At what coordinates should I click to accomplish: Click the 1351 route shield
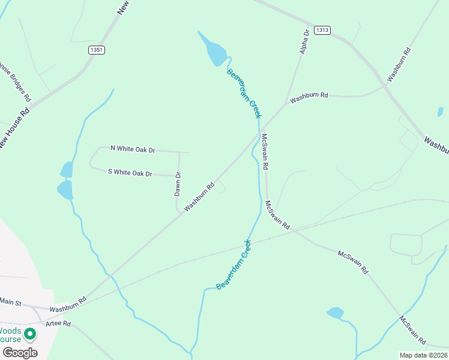[x=95, y=50]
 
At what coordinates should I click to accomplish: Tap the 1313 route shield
[x=321, y=30]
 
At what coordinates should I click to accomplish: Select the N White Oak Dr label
[x=133, y=148]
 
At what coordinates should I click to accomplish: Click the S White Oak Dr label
[x=130, y=172]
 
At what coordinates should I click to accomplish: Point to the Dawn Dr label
[x=178, y=184]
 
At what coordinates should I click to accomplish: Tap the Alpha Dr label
[x=304, y=41]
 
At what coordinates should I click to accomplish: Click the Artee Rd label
[x=59, y=323]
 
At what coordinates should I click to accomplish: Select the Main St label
[x=10, y=301]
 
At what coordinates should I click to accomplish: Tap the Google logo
[x=20, y=352]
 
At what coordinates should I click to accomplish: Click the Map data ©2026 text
[x=424, y=355]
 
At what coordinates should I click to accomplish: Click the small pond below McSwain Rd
[x=335, y=313]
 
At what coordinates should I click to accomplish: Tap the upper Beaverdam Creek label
[x=244, y=93]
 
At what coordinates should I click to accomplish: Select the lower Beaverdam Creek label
[x=234, y=265]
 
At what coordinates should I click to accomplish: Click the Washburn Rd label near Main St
[x=68, y=304]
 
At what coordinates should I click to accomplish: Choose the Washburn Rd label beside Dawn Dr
[x=199, y=197]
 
